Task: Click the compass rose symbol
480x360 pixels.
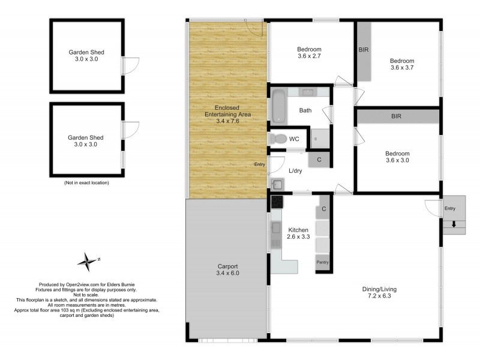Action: click(x=88, y=261)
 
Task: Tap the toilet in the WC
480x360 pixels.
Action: click(x=278, y=139)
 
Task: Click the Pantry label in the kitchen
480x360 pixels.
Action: click(x=323, y=262)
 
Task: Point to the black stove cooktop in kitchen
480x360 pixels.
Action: click(x=277, y=202)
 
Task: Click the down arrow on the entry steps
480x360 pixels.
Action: click(x=454, y=225)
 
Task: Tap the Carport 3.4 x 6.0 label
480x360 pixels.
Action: click(x=227, y=270)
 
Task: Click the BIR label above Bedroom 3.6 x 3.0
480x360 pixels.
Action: click(x=396, y=116)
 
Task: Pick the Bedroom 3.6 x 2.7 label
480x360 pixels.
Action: click(x=309, y=53)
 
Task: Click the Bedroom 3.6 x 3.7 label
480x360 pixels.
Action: click(x=402, y=64)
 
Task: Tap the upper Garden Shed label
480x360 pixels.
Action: click(x=86, y=55)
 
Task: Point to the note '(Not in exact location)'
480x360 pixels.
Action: click(x=86, y=182)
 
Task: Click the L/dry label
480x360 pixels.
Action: click(x=295, y=171)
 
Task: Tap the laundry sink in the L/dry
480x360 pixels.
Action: click(x=277, y=184)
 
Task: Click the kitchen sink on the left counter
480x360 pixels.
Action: click(x=276, y=228)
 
